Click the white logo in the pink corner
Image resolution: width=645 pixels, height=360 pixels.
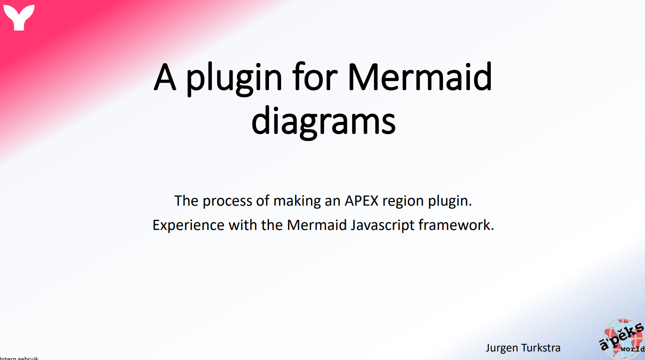tap(18, 18)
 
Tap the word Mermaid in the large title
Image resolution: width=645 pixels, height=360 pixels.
tap(420, 78)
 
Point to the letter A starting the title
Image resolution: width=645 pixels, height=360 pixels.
tap(165, 78)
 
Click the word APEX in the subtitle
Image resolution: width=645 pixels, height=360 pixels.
tap(362, 201)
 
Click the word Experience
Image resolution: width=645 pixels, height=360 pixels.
tap(188, 225)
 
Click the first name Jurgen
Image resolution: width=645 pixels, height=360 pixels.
tap(501, 348)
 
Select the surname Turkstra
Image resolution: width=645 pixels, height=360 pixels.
tap(541, 348)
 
